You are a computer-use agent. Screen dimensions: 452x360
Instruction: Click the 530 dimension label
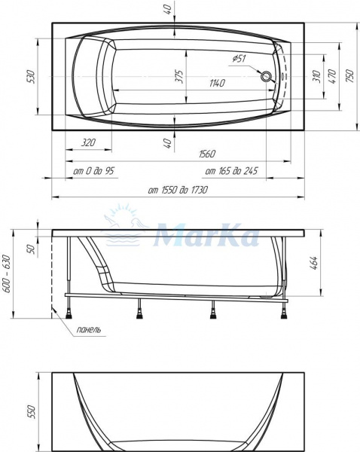30,76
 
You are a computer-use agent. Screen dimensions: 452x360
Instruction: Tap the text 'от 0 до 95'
93,172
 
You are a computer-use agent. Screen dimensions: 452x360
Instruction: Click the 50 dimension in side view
31,249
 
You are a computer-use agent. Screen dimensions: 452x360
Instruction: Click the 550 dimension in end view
31,413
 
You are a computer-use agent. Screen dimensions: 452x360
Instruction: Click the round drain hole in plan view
265,75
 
